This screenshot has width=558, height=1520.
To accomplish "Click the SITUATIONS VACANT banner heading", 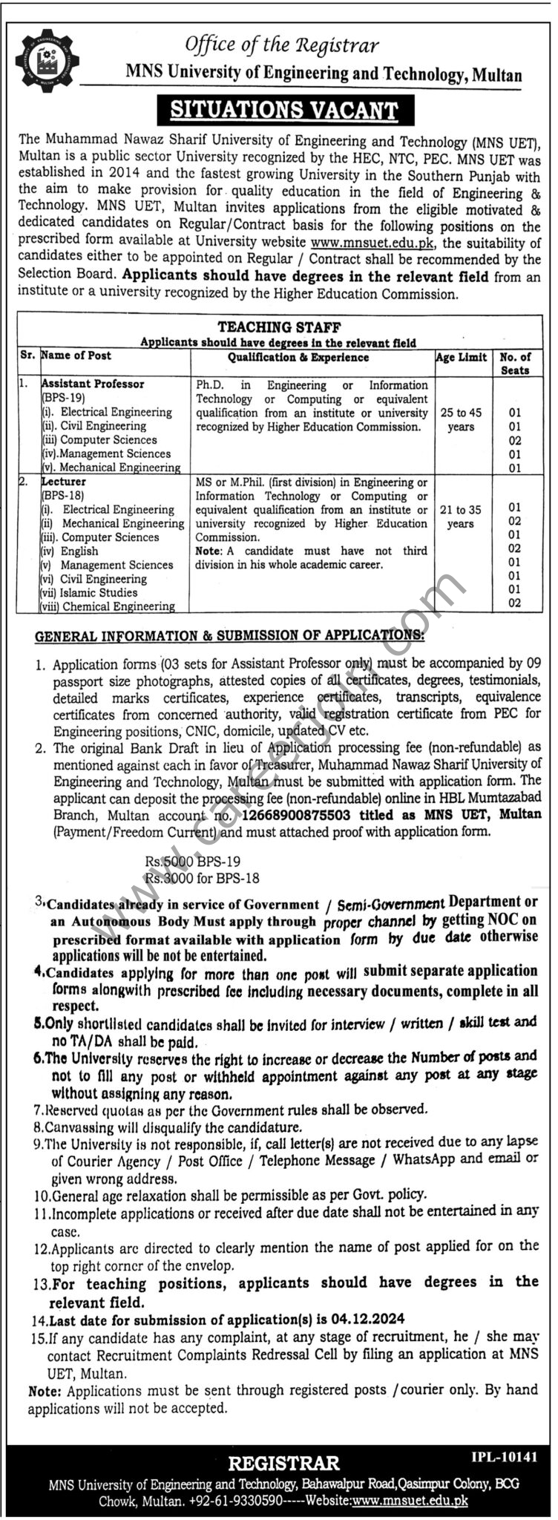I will pos(284,111).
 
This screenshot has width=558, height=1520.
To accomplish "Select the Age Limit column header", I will pos(462,357).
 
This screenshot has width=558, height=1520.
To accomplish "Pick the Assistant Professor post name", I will pos(93,384).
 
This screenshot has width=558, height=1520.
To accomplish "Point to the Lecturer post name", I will pos(64,482).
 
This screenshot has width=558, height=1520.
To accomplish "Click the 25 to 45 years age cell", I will pos(461,419).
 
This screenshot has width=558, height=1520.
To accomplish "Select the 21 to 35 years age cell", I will pos(461,517).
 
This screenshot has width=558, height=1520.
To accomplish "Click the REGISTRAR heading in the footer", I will pos(283,1463).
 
